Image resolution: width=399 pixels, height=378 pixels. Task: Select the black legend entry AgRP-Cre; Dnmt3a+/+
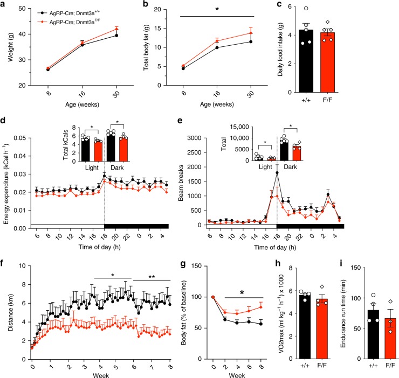65,11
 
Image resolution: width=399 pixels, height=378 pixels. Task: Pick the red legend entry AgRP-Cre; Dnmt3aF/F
65,18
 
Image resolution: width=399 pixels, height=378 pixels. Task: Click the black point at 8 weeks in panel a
33,69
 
